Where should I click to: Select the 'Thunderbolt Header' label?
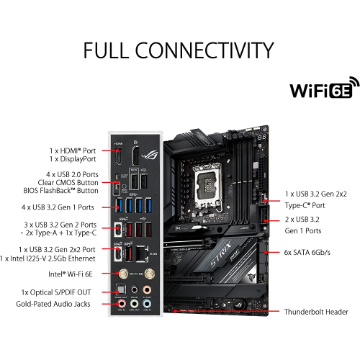[x=316, y=312]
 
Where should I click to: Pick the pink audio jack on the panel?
[x=122, y=305]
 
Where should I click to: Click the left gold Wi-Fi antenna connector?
[x=125, y=275]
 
